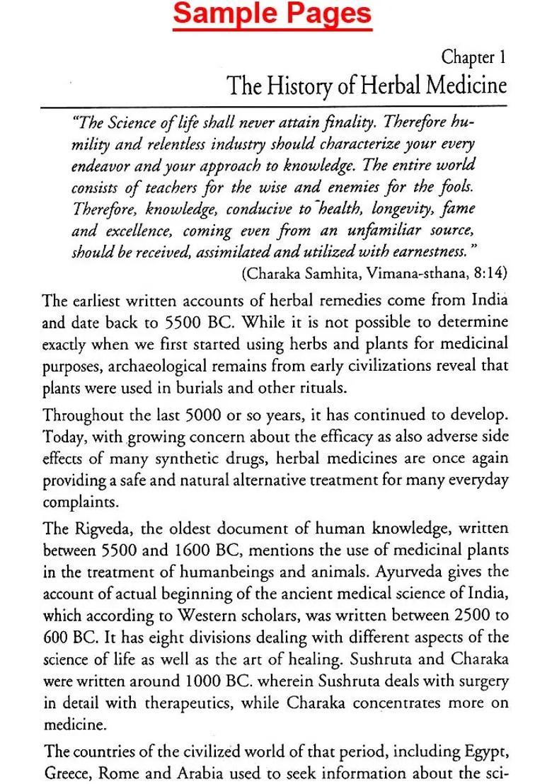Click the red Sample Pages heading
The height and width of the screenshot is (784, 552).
pyautogui.click(x=272, y=14)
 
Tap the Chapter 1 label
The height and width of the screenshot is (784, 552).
pyautogui.click(x=473, y=57)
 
